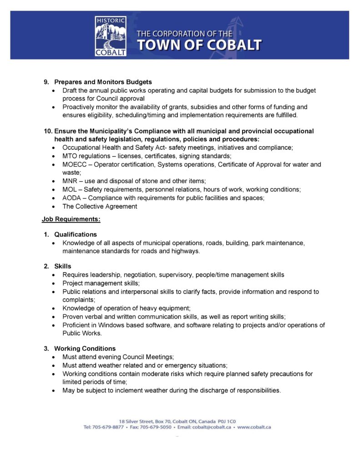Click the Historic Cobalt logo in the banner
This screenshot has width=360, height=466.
[111, 36]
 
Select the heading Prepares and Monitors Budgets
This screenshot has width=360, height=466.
[103, 82]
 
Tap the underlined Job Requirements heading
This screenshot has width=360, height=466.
[71, 219]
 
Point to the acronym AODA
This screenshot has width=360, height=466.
[71, 198]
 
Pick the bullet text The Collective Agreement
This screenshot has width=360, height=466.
[100, 206]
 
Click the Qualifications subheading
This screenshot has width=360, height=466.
[76, 234]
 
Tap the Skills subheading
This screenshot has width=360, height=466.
[63, 266]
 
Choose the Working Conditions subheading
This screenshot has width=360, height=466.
[85, 349]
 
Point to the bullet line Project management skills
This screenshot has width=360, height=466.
[94, 283]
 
